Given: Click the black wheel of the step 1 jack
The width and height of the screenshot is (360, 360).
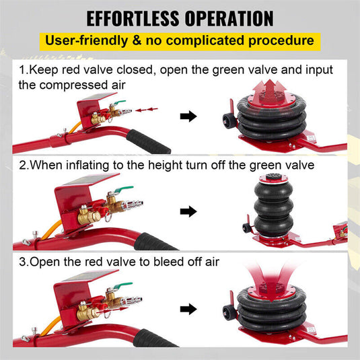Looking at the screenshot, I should [226, 121].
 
